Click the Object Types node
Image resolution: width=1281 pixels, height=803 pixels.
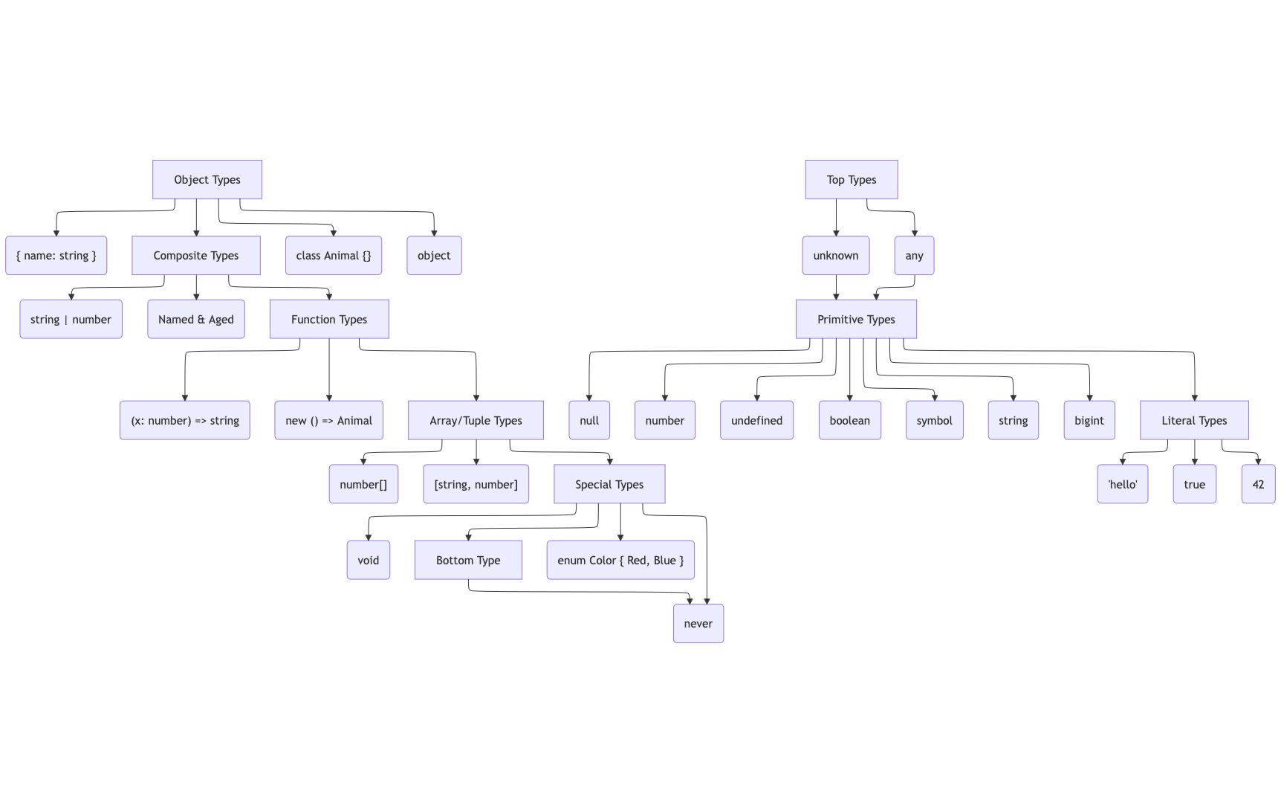tap(207, 180)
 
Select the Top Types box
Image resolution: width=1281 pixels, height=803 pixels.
tap(852, 180)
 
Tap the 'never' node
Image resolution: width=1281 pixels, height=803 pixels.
tap(698, 624)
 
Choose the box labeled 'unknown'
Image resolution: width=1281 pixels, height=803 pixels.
tap(836, 256)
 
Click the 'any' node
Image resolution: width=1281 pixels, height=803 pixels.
tap(914, 256)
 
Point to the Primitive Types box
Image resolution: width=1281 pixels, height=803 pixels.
tap(856, 320)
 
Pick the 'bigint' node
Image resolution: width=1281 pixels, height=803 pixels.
tap(1089, 421)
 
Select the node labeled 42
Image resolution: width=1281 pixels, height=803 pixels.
tap(1258, 485)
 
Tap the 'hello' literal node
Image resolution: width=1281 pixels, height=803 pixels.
tap(1123, 485)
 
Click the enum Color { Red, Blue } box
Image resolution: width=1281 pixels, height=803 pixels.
tap(620, 561)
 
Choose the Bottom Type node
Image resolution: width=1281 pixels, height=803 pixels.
tap(468, 561)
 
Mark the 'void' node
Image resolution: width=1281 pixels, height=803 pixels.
tap(369, 561)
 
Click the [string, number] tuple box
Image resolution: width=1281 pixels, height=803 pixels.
tap(476, 485)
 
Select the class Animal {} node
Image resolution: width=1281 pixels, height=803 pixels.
tap(334, 256)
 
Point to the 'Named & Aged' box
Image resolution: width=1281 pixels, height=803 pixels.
tap(196, 320)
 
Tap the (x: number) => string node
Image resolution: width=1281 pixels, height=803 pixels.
tap(185, 421)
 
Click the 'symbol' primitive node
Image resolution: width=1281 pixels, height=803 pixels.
tap(935, 421)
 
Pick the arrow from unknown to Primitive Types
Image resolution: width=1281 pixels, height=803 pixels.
tap(836, 287)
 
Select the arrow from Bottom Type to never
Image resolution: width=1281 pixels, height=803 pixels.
tap(580, 592)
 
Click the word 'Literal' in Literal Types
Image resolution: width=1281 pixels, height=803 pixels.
tap(1179, 421)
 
